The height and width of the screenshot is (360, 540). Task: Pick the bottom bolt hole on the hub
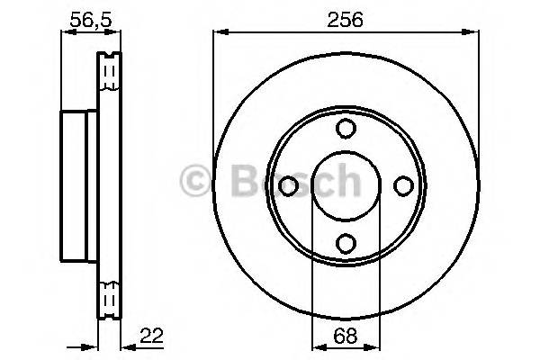(x=345, y=242)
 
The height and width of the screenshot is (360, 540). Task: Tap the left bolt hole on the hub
(x=288, y=185)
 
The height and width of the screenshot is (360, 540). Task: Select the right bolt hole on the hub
(x=402, y=185)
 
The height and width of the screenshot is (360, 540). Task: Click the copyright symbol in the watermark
(x=197, y=181)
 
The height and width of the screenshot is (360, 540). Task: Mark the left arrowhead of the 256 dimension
(x=219, y=33)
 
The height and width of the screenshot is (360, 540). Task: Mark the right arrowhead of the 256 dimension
(x=474, y=33)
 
